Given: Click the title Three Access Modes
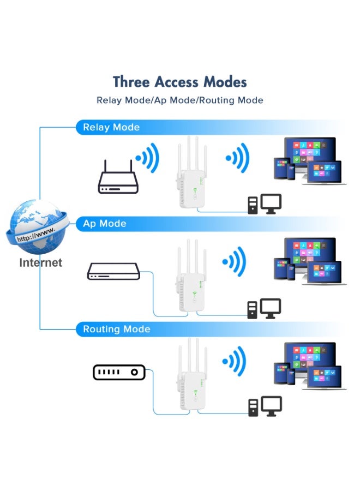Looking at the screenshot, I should pos(180,82).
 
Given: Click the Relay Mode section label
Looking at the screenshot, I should pos(111,128).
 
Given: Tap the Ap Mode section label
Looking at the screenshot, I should pos(104,224).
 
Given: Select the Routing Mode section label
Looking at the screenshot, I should pos(116,330).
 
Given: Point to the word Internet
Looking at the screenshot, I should pos(41,263).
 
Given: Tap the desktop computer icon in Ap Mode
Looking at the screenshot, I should pos(265,309).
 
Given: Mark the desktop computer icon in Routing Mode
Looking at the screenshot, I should pos(265,406).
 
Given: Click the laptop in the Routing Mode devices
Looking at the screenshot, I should pos(325,378).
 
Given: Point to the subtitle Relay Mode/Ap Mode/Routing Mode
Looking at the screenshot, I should pos(180,100).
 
